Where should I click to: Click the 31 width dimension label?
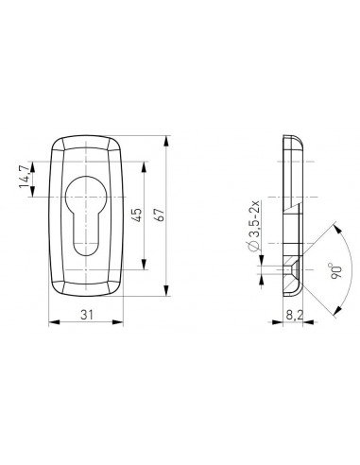(x=87, y=315)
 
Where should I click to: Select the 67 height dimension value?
(x=161, y=215)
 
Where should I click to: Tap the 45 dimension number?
(x=138, y=215)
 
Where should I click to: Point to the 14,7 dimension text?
(x=25, y=178)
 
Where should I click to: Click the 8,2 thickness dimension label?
(x=294, y=315)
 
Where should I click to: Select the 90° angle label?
(x=335, y=271)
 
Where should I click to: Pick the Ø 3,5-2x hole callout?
(x=254, y=226)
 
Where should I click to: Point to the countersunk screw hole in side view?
(x=292, y=269)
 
